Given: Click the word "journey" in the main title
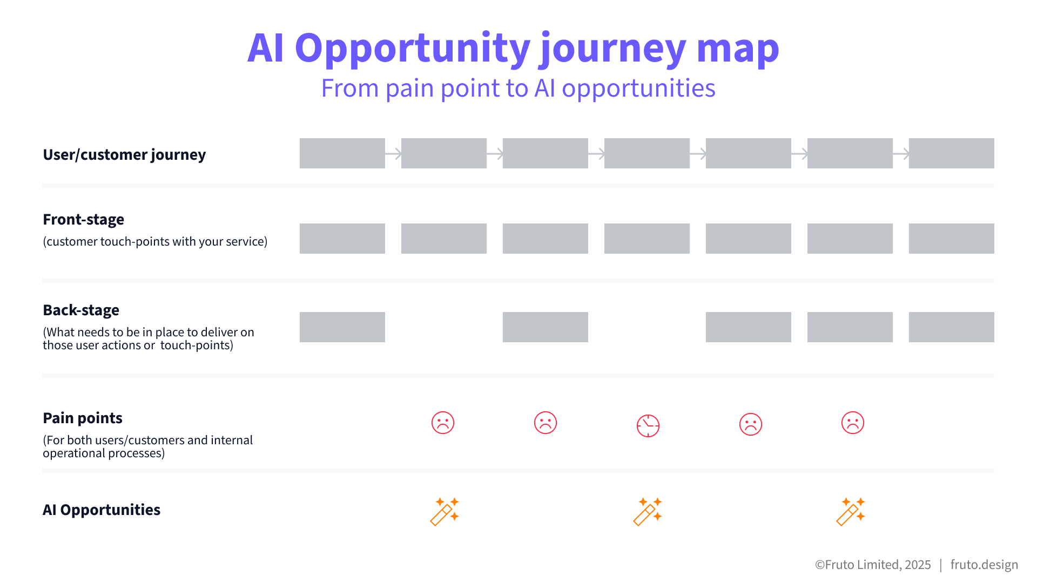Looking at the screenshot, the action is [x=613, y=49].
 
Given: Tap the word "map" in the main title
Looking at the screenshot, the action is [x=738, y=49].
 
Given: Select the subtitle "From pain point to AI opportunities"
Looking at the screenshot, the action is [x=518, y=88].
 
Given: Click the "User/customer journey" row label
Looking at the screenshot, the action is [x=124, y=155].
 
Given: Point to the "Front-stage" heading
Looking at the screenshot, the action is [x=83, y=219].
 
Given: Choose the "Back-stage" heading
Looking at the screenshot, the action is [x=81, y=310].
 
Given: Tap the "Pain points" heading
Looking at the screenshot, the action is [x=83, y=418].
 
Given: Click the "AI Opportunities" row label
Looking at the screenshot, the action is [x=102, y=510].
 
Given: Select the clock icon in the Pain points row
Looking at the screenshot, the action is [x=648, y=425].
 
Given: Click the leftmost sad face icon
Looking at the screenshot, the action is [x=443, y=423].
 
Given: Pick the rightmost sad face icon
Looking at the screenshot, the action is [x=853, y=423].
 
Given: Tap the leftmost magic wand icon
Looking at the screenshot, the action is [x=445, y=511].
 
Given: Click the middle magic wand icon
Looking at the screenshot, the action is [x=648, y=511].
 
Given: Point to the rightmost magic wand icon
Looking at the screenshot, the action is [x=851, y=511].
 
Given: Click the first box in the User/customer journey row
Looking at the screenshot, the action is [x=342, y=153].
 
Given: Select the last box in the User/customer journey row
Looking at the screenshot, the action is [x=952, y=153].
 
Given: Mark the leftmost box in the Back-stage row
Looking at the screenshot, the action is [x=342, y=327].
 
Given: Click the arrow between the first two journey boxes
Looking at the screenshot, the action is [x=393, y=154].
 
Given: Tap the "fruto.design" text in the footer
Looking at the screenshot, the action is [x=984, y=565].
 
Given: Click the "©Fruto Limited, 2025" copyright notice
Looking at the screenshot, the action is [x=873, y=565].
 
